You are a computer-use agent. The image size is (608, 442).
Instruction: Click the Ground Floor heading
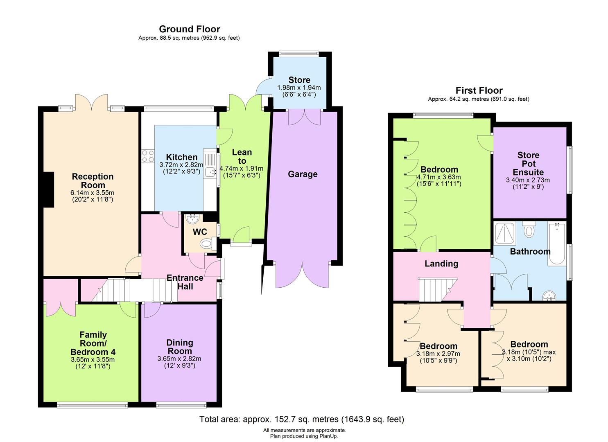(x=190, y=29)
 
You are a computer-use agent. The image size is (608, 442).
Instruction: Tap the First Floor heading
(x=479, y=90)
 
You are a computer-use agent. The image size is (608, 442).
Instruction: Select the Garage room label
(x=303, y=174)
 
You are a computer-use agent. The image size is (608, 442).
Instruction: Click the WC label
(x=200, y=232)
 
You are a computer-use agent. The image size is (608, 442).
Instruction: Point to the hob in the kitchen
(x=148, y=156)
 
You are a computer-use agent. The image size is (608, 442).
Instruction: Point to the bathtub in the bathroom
(x=557, y=244)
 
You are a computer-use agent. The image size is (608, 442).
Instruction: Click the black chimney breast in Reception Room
(x=49, y=189)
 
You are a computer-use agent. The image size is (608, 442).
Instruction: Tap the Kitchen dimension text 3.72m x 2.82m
(x=181, y=165)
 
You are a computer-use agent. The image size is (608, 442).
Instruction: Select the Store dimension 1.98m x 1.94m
(x=299, y=88)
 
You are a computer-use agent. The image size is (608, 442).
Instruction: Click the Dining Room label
(x=180, y=347)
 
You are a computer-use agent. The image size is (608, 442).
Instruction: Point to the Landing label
(x=441, y=264)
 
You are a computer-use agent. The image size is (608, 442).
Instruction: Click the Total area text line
(x=302, y=419)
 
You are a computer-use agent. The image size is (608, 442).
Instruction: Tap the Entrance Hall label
(x=185, y=282)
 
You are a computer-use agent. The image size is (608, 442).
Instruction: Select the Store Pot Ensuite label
(x=528, y=164)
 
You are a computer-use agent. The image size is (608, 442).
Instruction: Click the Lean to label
(x=242, y=157)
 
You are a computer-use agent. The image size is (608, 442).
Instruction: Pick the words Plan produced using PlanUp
(x=304, y=436)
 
